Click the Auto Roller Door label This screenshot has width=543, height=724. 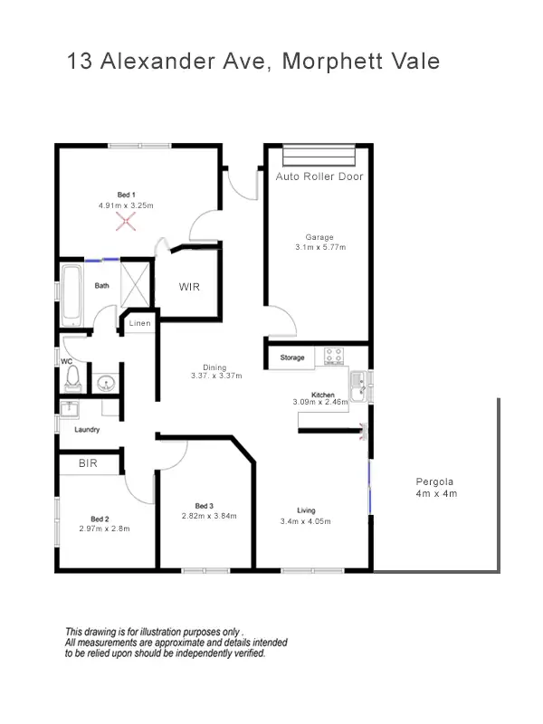pos(319,176)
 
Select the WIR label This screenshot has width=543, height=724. pos(189,287)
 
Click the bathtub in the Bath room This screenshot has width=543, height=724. pos(71,297)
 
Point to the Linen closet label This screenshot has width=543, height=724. pos(139,323)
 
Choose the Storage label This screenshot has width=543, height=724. pos(292,358)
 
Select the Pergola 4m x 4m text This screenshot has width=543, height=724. pos(436,488)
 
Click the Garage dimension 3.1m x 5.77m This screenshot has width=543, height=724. pos(319,247)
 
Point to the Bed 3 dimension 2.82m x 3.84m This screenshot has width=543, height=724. pos(209,516)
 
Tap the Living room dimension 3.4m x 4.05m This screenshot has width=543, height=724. pos(307,521)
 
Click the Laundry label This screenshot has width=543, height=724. pos(87,430)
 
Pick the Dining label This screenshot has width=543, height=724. pos(214,367)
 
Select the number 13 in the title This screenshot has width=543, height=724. pos(79,62)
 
